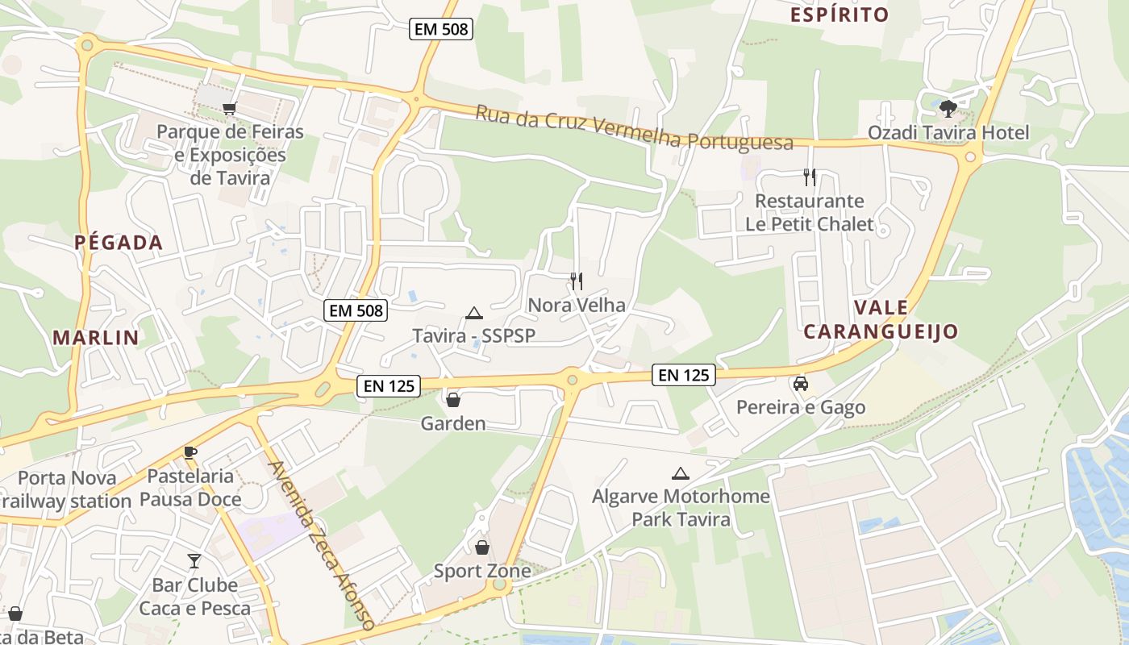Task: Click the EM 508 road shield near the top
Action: (440, 30)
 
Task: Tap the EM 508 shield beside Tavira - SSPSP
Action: (356, 310)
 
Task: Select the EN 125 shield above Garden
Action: (389, 386)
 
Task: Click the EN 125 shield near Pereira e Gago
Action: (684, 374)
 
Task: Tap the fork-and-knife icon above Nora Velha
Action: (577, 281)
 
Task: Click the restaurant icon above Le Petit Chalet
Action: (810, 177)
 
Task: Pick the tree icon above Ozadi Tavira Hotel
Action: (948, 107)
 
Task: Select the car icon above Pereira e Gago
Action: (801, 384)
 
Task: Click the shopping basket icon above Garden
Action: (453, 399)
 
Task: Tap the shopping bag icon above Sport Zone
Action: (482, 547)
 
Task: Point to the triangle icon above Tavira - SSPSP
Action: (474, 313)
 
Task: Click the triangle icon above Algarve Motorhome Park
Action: (681, 473)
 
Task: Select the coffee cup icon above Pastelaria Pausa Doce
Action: (190, 452)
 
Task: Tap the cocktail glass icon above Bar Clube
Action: (194, 560)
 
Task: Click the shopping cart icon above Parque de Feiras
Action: (230, 108)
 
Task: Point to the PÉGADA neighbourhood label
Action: (119, 242)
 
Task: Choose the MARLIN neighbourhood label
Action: (96, 337)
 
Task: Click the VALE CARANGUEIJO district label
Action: (881, 319)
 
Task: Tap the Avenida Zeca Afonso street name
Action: (321, 545)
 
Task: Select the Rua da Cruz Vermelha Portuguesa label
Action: (634, 127)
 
